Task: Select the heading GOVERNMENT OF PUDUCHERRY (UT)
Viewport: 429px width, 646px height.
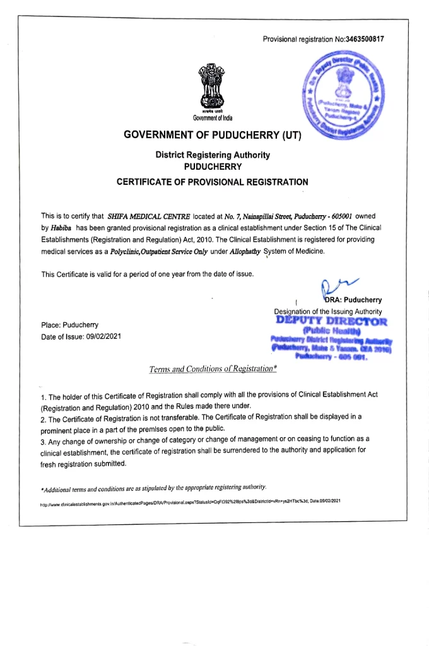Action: [x=213, y=135]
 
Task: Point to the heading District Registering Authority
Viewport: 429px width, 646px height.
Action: [x=213, y=155]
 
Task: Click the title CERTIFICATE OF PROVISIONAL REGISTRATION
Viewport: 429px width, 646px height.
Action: [x=213, y=182]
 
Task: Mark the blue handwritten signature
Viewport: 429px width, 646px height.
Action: [x=331, y=288]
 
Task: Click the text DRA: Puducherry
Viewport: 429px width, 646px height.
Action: [x=353, y=300]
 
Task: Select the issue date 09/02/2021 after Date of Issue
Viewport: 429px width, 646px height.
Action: [x=102, y=336]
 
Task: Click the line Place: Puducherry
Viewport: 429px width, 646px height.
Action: [x=69, y=324]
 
